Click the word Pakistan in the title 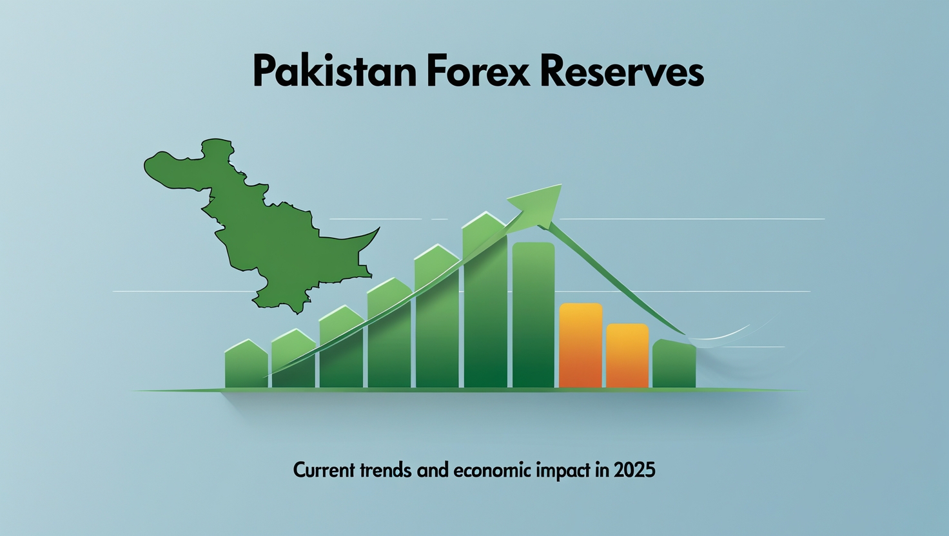coord(336,72)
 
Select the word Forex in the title coord(478,72)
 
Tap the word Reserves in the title coord(621,72)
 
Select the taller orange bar coord(580,345)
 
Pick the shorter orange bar coord(627,356)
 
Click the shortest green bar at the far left coord(246,366)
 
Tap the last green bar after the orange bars coord(674,365)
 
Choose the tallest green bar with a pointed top coord(485,303)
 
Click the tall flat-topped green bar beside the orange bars coord(533,316)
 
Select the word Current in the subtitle coord(324,470)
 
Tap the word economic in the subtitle coord(493,470)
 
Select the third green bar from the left coord(341,351)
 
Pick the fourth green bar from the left coord(389,335)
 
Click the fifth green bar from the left coord(436,319)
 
